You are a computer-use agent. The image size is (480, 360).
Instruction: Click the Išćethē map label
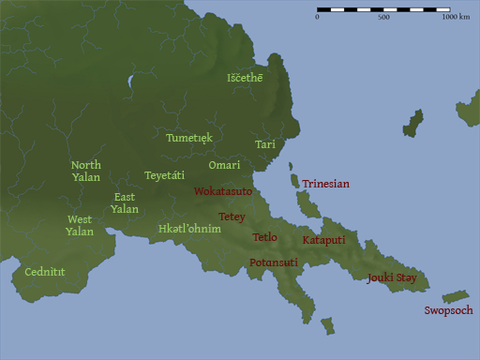click(245, 78)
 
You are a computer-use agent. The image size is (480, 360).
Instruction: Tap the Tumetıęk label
click(189, 138)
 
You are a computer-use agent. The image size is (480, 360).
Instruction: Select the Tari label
click(264, 144)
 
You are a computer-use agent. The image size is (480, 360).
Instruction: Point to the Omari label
click(224, 165)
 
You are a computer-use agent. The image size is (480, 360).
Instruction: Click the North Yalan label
click(86, 171)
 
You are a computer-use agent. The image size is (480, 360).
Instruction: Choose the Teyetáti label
click(164, 175)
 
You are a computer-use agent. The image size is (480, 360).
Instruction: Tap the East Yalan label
click(125, 202)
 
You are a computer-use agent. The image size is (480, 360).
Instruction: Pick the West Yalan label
click(79, 225)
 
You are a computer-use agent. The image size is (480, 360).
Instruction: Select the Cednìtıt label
click(45, 272)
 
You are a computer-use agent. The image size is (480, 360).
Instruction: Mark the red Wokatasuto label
click(223, 190)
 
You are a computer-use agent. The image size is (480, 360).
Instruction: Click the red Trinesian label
click(325, 184)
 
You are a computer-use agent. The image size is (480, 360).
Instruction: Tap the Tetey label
click(232, 217)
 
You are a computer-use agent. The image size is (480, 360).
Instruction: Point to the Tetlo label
click(264, 237)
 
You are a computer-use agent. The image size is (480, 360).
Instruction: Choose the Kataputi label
click(324, 240)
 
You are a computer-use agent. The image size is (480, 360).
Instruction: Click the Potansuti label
click(274, 262)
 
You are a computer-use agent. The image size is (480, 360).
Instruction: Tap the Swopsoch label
click(448, 310)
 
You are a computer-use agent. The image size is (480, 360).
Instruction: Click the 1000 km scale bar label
click(456, 17)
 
